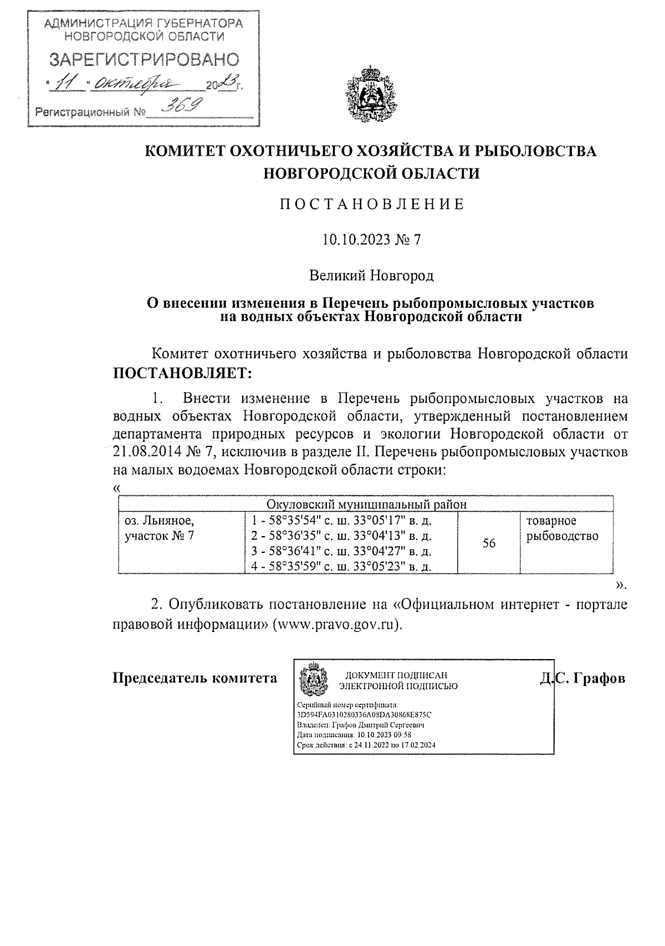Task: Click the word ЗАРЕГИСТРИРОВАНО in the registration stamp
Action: coord(145,60)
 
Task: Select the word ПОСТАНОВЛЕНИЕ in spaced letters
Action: coord(371,204)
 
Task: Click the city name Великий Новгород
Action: coord(371,275)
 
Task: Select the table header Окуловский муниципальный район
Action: coord(366,504)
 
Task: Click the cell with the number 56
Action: coord(488,543)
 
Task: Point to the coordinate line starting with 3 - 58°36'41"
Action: coord(341,551)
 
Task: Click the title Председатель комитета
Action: coord(195,678)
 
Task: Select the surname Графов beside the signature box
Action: coord(598,678)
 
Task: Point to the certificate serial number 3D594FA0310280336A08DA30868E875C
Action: coord(364,714)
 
